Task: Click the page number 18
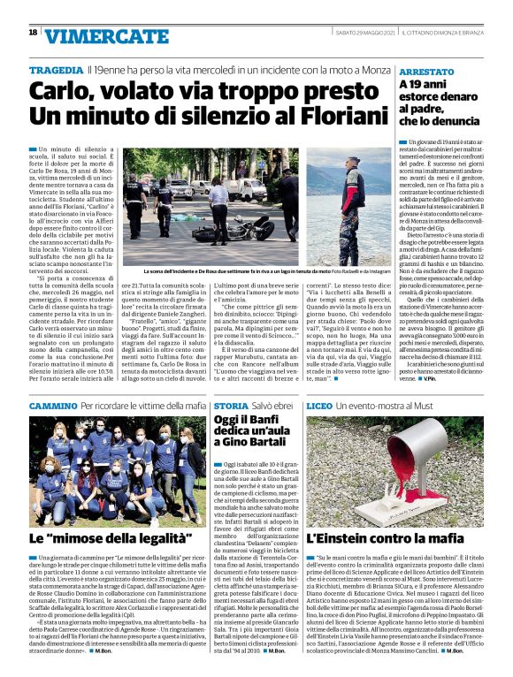click(x=33, y=33)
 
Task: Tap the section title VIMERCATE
click(x=94, y=36)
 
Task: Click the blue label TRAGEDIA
click(x=56, y=69)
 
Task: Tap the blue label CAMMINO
click(x=52, y=404)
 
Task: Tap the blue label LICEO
click(x=319, y=404)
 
